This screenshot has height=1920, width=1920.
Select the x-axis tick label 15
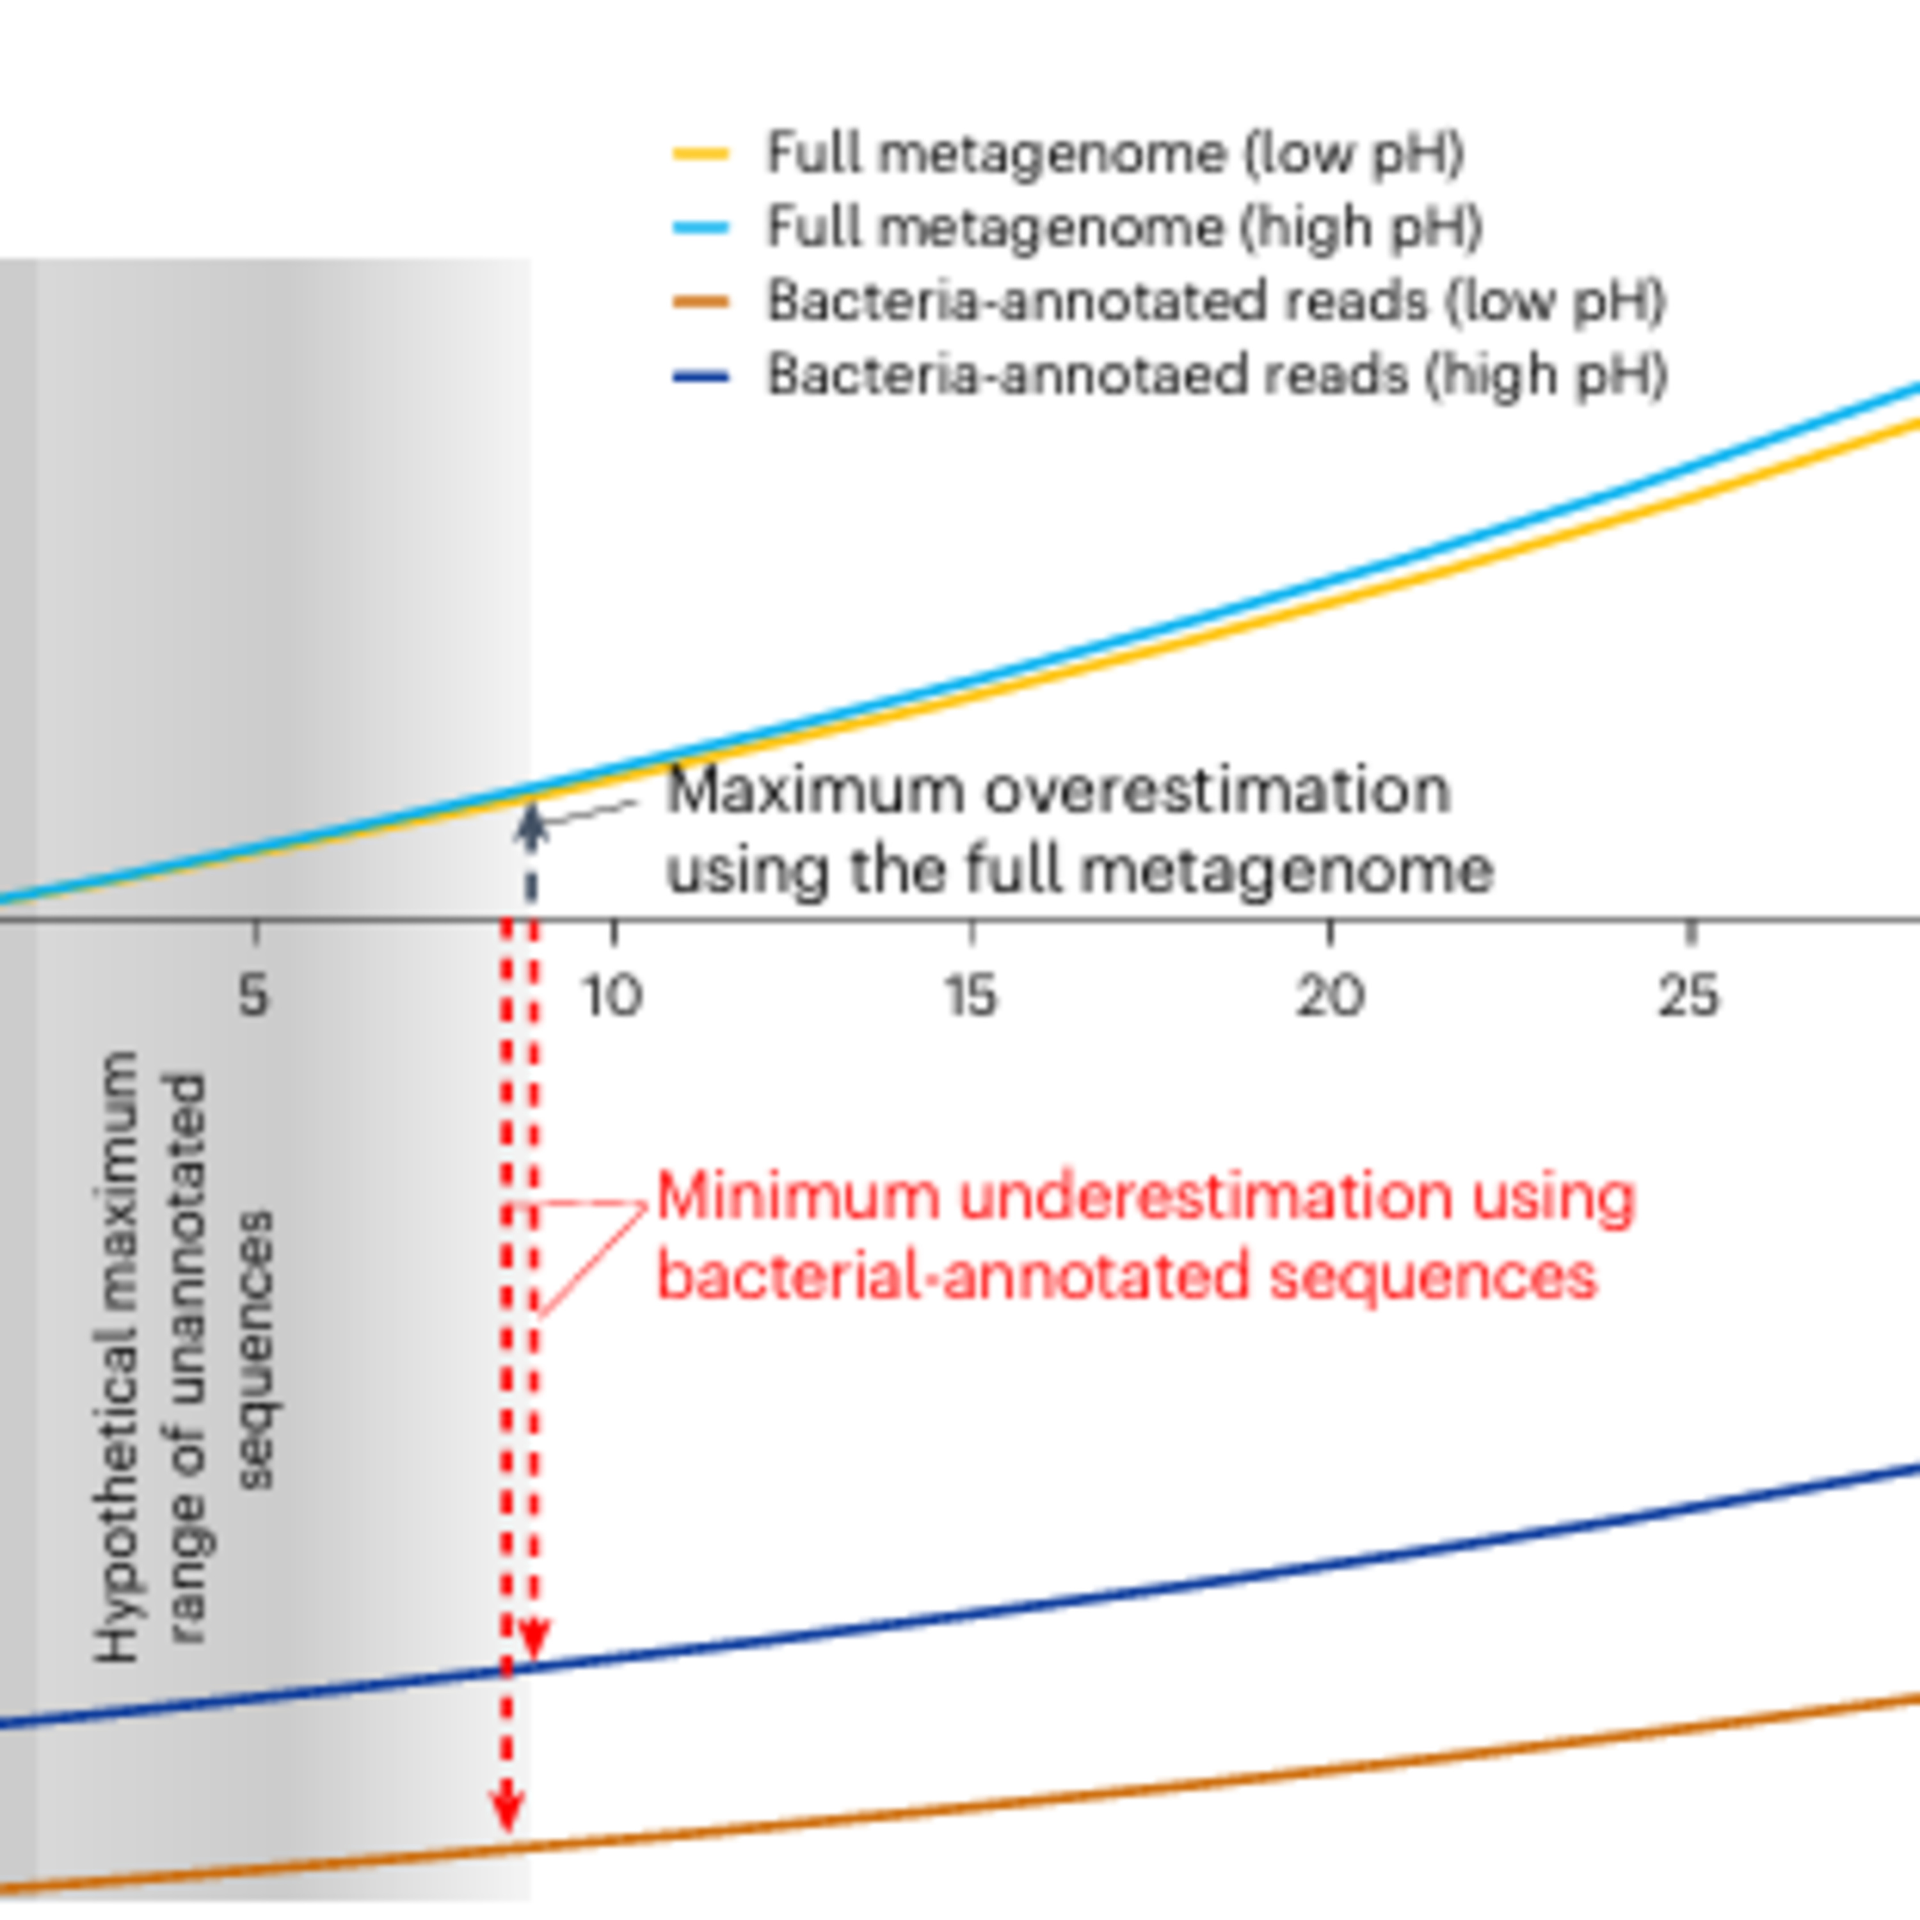(970, 995)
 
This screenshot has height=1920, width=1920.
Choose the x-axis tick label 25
(1688, 995)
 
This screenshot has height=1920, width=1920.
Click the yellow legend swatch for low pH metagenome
(701, 154)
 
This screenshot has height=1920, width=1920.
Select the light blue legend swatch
(701, 228)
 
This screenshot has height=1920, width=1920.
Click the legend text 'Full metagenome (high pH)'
(1124, 228)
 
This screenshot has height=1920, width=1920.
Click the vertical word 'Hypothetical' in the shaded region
(117, 1357)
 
